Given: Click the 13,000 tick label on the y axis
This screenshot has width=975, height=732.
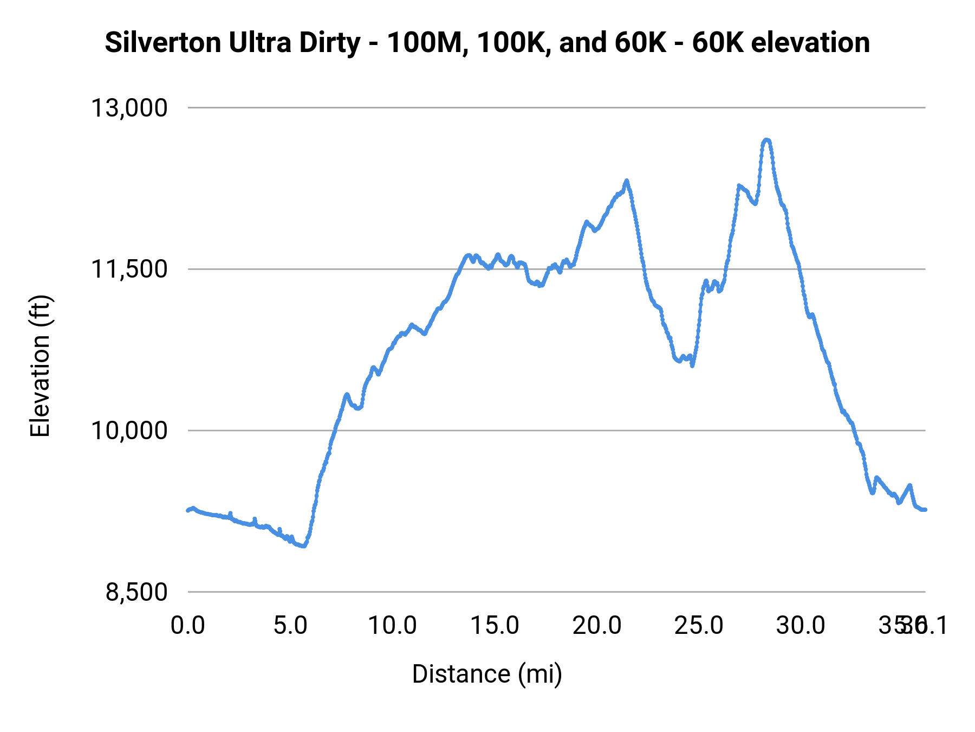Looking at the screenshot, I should pos(129,108).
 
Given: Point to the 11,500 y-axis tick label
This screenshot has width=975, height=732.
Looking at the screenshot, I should pos(129,269).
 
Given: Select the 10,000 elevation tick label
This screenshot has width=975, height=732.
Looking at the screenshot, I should pos(129,431).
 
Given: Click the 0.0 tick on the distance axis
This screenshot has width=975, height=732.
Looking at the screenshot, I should pos(187,625).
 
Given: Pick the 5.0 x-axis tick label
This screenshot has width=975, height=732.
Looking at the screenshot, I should pos(290,625).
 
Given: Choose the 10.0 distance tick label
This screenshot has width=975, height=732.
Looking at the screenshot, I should pos(392,625).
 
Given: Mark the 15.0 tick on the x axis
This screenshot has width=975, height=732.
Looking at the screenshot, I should pos(495,625).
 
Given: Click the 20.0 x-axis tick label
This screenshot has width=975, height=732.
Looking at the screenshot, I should pos(597,625).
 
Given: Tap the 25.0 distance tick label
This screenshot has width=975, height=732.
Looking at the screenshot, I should pos(699,625).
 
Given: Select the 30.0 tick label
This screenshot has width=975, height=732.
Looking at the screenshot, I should pos(801,625).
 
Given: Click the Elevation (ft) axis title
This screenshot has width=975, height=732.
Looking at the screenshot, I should pos(40,366).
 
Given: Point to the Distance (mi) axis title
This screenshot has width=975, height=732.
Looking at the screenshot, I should pos(487,674).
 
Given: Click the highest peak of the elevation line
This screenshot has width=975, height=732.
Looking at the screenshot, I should pos(766,140).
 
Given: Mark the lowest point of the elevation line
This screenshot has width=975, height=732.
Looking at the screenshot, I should pos(303,546).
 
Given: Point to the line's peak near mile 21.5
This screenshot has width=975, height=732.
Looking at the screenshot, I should pos(627,181).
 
